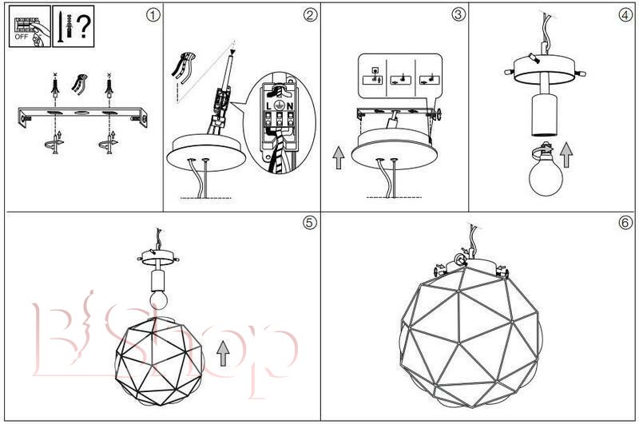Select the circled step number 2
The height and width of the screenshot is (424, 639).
[x=310, y=14]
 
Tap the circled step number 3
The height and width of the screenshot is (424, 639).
[x=458, y=14]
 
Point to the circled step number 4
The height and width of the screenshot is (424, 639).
[x=625, y=14]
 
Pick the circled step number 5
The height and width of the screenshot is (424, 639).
[x=310, y=223]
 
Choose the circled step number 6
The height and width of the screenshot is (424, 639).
[x=625, y=223]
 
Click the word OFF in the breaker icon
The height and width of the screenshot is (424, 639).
[x=21, y=36]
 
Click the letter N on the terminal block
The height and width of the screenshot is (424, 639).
[x=292, y=105]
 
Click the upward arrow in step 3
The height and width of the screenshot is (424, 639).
[x=339, y=157]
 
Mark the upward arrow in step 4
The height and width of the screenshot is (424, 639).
[x=566, y=154]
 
